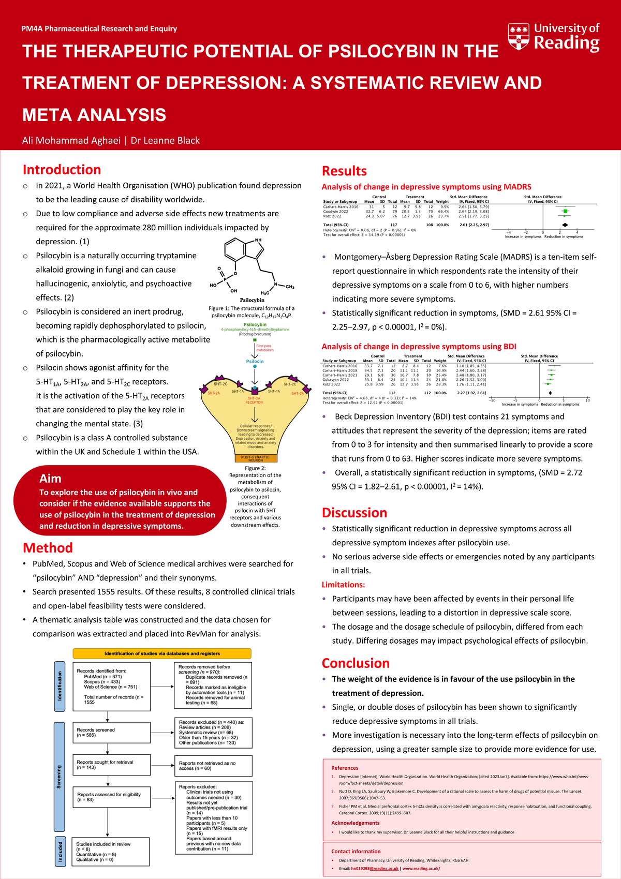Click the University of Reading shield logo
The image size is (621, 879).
pos(519,36)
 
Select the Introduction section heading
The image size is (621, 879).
pos(62,170)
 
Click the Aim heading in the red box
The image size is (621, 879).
pos(50,479)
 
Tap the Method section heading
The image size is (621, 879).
pos(48,548)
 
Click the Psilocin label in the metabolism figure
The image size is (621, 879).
pos(255,362)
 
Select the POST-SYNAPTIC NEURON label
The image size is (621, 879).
pos(256,459)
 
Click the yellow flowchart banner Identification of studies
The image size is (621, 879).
pos(162,653)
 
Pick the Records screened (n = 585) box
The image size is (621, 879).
pos(111,733)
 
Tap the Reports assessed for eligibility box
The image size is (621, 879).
pos(111,797)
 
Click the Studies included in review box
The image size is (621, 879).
pos(111,852)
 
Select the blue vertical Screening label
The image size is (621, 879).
pos(59,777)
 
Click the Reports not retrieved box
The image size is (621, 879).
pos(213,766)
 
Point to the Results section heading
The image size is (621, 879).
pos(344,171)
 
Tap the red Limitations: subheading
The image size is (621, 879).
pos(343,585)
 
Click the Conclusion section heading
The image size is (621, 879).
pos(356,663)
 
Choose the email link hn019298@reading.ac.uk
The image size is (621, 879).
pos(375,869)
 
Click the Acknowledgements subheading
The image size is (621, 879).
pos(355,823)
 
